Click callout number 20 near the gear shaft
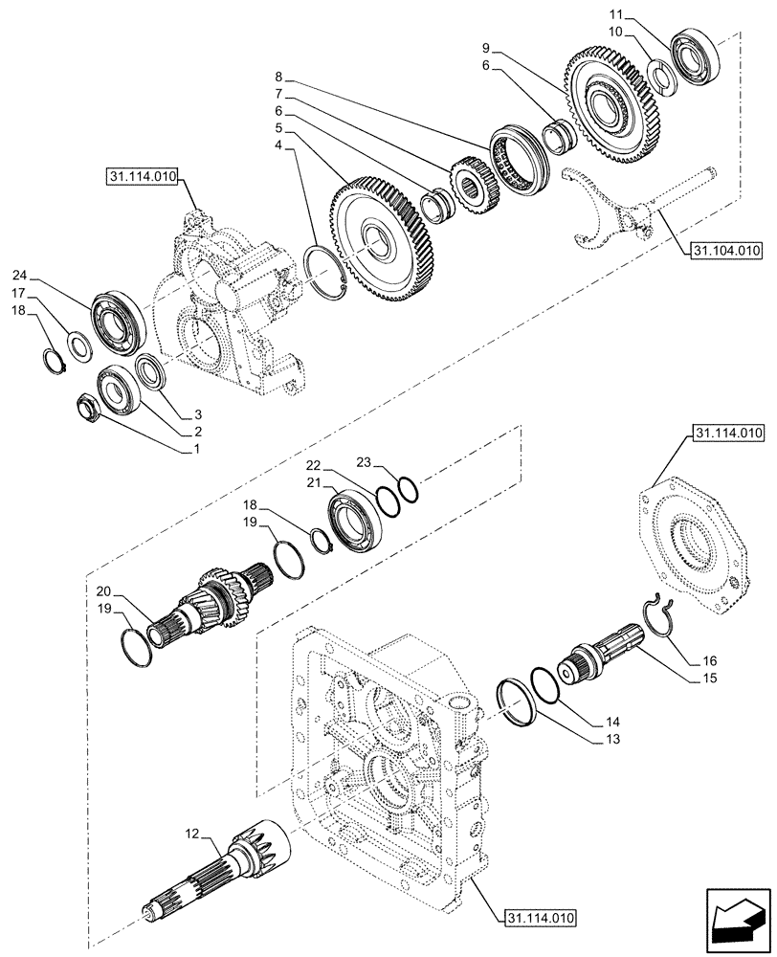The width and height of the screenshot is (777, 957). click(x=103, y=590)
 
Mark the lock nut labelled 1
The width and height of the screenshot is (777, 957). click(x=90, y=407)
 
